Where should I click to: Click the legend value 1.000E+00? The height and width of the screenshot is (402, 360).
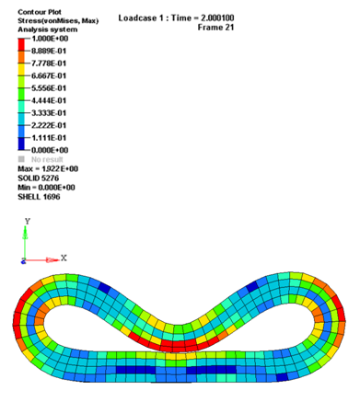tap(50, 39)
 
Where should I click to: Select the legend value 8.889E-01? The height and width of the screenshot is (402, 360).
tap(49, 51)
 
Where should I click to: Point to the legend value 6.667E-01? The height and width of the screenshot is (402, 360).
tap(49, 75)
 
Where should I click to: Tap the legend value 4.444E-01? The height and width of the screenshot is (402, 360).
tap(49, 100)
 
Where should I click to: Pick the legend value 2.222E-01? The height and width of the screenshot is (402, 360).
tap(49, 125)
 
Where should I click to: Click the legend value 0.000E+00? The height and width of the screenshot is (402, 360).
tap(50, 150)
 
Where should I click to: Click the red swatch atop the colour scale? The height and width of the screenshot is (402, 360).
tap(21, 44)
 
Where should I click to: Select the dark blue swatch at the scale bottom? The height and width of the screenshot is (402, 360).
tap(21, 144)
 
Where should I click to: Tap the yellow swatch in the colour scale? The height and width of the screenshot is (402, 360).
tap(21, 69)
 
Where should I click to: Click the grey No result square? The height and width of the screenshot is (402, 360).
tap(21, 159)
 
